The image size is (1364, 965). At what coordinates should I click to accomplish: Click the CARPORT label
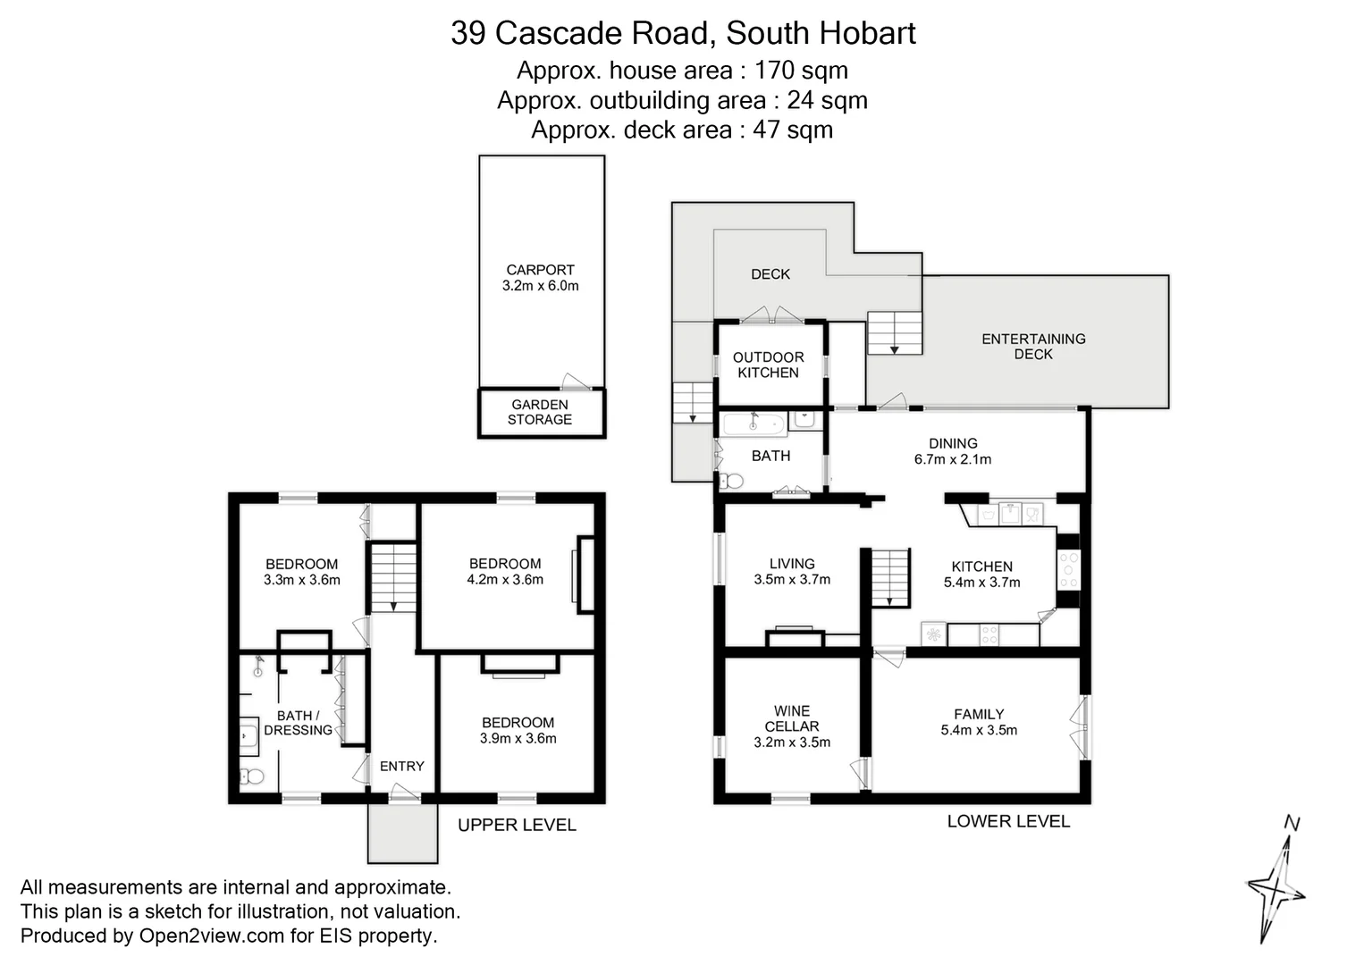click(540, 270)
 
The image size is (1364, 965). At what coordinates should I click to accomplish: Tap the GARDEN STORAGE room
click(540, 412)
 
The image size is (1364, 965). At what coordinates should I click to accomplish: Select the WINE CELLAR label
click(792, 718)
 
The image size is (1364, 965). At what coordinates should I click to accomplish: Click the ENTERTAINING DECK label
click(1033, 346)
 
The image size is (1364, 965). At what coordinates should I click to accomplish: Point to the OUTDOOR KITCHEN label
click(768, 365)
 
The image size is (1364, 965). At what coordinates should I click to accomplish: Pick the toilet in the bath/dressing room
click(252, 776)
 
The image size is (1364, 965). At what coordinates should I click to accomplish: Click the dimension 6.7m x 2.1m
click(952, 459)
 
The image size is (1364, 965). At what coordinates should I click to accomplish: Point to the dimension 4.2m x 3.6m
click(505, 579)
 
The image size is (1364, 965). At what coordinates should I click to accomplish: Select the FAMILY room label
click(979, 714)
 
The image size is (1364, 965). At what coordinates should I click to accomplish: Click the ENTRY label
click(401, 766)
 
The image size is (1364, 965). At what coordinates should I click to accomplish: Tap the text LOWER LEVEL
click(1008, 821)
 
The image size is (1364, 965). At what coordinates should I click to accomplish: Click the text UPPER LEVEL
click(517, 825)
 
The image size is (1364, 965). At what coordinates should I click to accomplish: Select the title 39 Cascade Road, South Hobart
click(683, 33)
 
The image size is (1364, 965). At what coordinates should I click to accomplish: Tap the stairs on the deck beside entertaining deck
click(894, 332)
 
